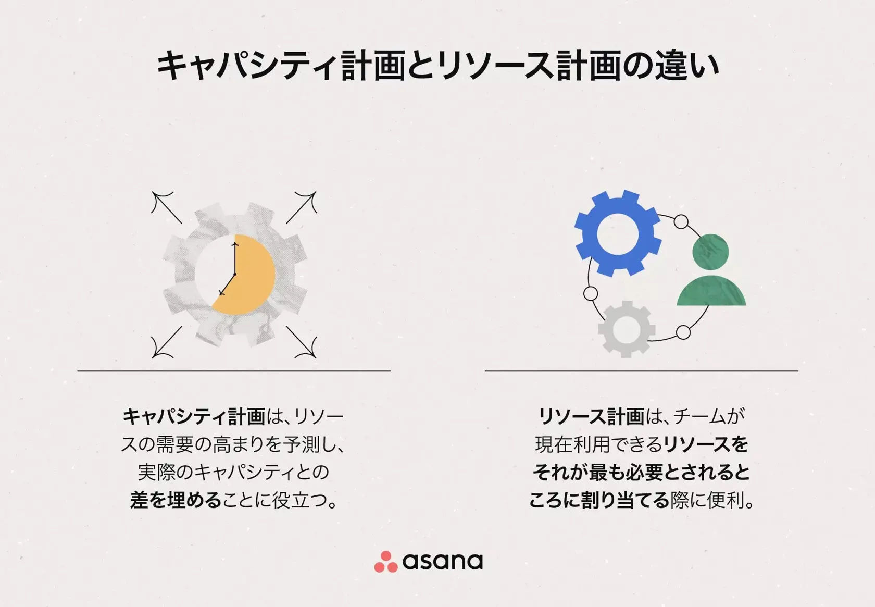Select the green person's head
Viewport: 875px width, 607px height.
coord(710,251)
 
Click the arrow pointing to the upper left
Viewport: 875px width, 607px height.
coord(166,207)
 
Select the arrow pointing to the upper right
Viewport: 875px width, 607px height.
coord(302,207)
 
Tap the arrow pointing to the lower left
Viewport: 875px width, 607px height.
coord(166,342)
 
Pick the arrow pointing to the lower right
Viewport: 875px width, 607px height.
coord(302,342)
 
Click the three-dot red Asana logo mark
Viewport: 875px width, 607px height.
coord(385,562)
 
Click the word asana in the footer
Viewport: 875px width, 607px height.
coord(442,561)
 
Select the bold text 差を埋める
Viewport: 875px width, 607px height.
coord(176,500)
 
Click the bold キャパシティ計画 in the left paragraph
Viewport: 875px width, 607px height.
coord(194,417)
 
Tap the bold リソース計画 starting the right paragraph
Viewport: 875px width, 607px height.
coord(591,417)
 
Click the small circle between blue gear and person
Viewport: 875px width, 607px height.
coord(681,222)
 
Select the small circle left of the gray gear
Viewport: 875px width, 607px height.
coord(590,294)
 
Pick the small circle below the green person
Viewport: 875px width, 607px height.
coord(683,332)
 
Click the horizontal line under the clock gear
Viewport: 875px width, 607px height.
coord(234,371)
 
